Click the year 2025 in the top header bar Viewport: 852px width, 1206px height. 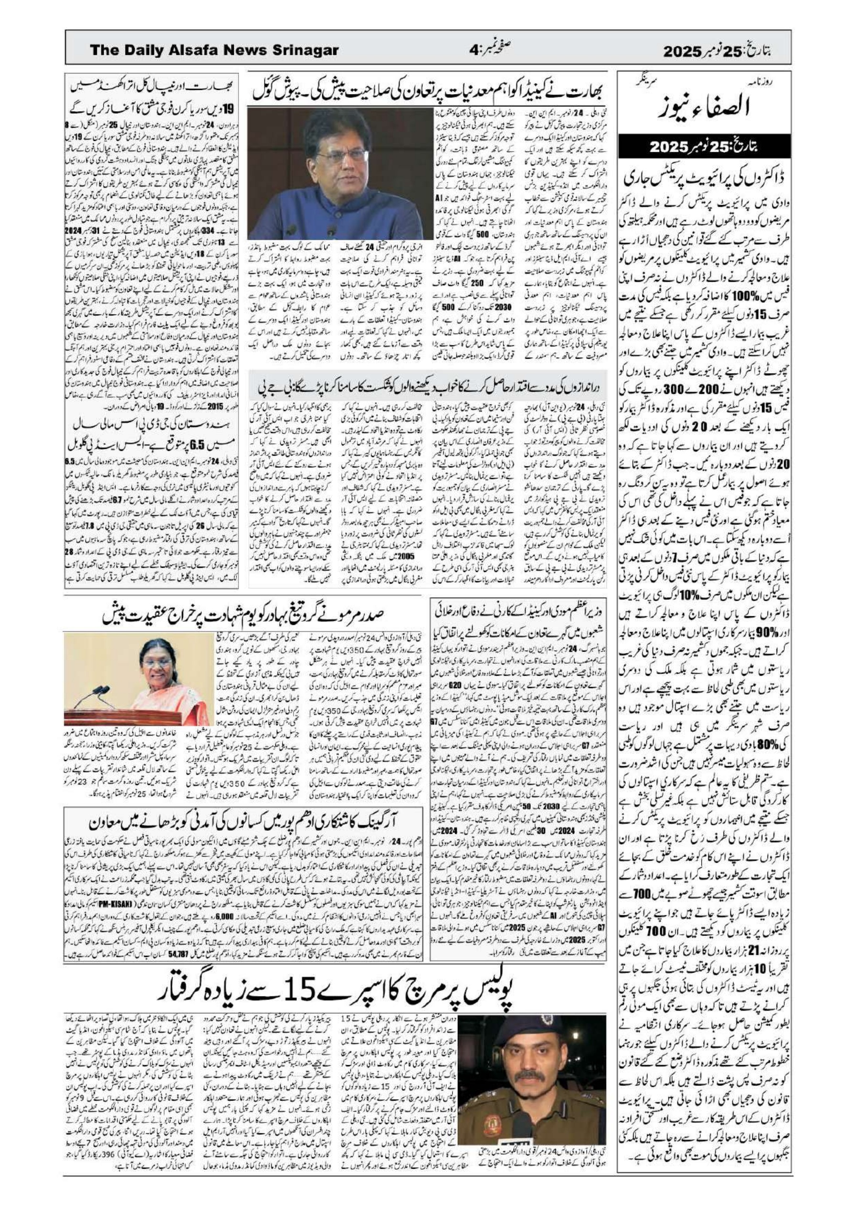point(682,52)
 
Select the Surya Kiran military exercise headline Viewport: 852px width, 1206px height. point(152,111)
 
